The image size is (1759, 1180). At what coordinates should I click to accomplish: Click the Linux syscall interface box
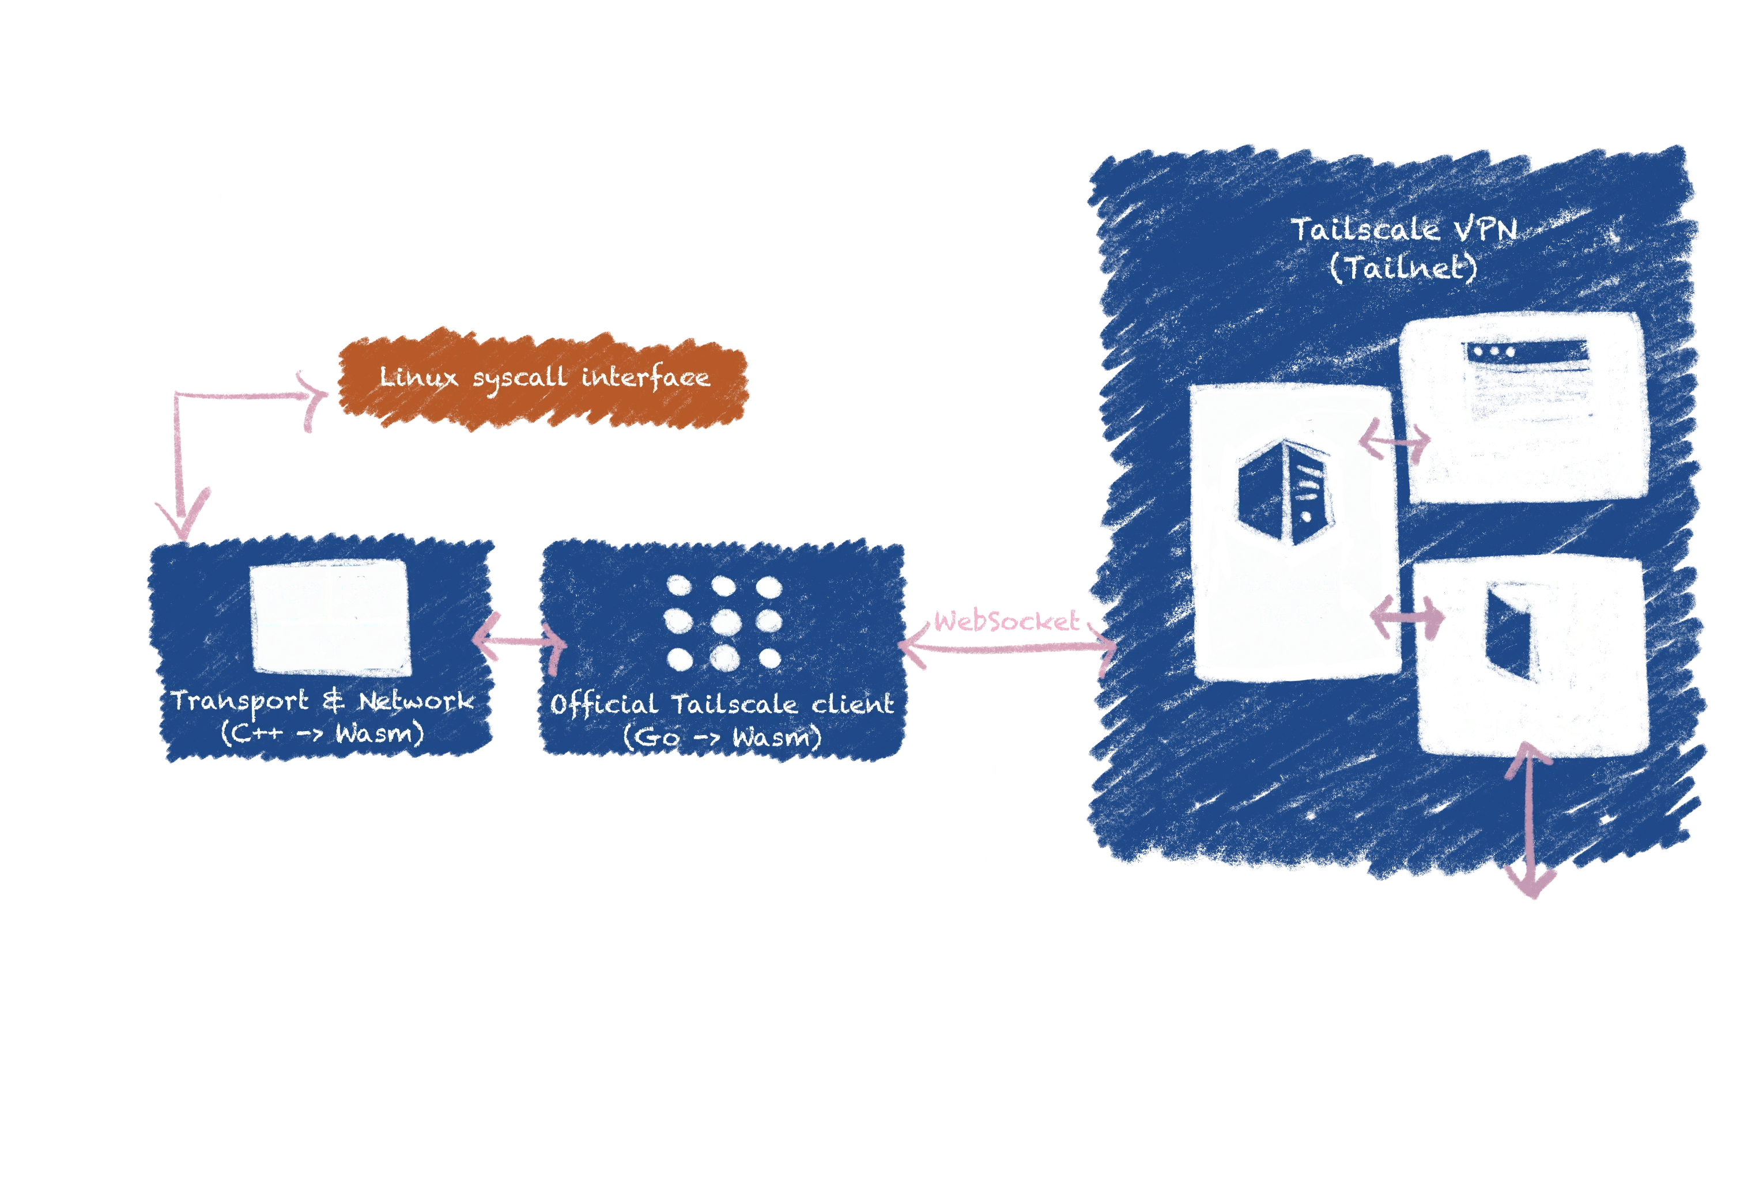[x=543, y=378]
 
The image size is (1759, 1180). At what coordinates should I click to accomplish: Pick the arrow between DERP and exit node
[x=1407, y=617]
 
